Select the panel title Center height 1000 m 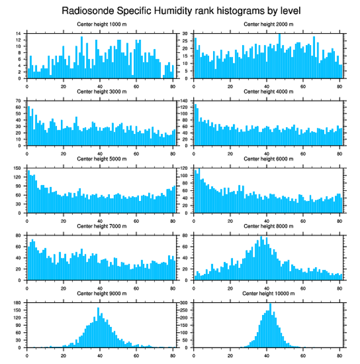(101, 24)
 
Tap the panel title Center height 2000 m (268, 24)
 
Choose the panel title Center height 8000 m (268, 226)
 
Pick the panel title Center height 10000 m (268, 293)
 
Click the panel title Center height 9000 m (101, 293)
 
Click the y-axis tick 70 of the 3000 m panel (19, 101)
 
